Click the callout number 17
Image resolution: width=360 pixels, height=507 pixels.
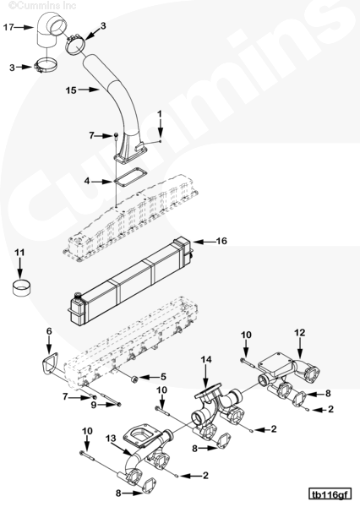[8, 27]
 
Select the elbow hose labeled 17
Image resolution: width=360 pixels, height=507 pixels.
[48, 30]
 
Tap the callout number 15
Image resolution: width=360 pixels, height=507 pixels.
[71, 90]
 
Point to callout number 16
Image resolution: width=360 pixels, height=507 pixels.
[221, 241]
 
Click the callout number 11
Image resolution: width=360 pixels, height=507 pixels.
[19, 252]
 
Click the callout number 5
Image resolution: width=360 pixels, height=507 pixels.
[163, 377]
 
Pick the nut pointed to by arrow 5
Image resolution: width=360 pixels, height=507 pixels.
[134, 379]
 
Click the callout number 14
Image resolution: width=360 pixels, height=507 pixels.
[206, 360]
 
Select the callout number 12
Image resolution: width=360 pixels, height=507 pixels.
[300, 332]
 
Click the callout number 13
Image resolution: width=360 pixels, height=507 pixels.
[111, 439]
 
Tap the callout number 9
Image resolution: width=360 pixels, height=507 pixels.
[94, 405]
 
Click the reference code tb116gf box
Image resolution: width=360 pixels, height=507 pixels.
[330, 495]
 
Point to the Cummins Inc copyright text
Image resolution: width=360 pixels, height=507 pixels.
[42, 5]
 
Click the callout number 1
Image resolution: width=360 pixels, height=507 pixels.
[160, 114]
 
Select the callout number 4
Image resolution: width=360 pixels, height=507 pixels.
[87, 181]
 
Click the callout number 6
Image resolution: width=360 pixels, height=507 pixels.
[49, 331]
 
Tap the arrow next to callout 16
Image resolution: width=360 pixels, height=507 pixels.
[204, 242]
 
